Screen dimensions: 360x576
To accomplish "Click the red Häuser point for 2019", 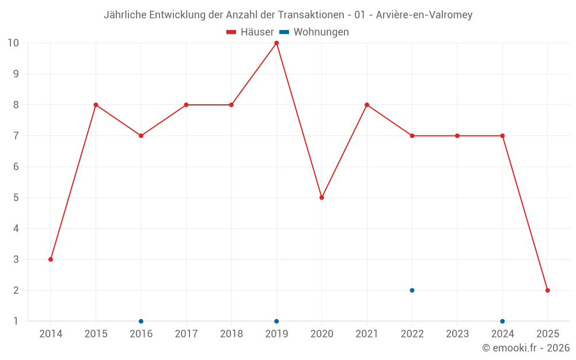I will (x=276, y=43).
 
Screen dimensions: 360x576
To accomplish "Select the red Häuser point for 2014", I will (x=51, y=259).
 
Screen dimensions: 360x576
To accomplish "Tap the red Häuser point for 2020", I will (x=321, y=198).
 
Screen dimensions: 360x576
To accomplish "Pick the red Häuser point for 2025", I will (x=547, y=290).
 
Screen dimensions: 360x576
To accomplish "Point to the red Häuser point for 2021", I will (x=367, y=105).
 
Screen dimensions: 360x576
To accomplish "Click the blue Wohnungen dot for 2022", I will (x=412, y=290).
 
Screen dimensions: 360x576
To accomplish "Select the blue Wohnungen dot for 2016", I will (x=141, y=321).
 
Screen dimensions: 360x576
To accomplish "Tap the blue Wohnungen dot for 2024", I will (x=502, y=321).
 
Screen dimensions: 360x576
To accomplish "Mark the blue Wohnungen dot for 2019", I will (x=276, y=321).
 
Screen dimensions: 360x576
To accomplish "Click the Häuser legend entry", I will (x=251, y=32).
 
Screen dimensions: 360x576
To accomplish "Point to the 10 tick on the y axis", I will (x=13, y=43).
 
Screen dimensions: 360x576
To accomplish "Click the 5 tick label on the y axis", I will (x=16, y=198).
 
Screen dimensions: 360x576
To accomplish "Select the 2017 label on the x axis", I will (x=186, y=334).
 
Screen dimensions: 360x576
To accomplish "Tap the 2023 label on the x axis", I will (x=457, y=334).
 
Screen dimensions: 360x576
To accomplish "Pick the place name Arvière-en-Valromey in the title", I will (x=424, y=15).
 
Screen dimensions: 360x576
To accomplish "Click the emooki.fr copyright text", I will (x=526, y=348).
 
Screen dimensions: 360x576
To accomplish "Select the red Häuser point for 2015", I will (x=96, y=105).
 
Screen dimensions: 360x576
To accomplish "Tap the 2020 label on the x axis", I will (x=321, y=334).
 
